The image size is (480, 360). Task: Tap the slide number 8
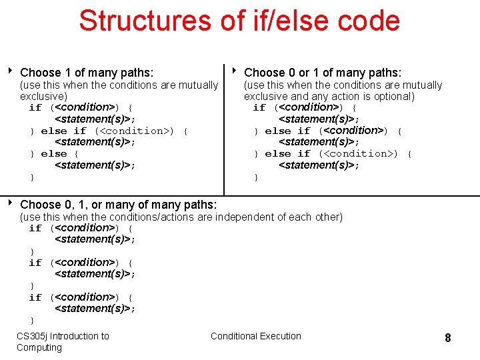click(x=448, y=338)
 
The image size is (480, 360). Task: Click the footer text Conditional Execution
click(x=256, y=336)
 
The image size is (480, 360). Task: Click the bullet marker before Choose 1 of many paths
click(x=11, y=71)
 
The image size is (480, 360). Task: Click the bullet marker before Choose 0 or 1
click(x=235, y=71)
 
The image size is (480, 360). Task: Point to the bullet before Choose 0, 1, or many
click(x=11, y=203)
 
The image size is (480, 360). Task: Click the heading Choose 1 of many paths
click(x=87, y=72)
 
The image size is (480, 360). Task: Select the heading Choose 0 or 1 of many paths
click(x=323, y=72)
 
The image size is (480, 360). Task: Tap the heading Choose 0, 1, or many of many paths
click(x=119, y=204)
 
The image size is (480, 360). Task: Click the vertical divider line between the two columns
click(x=224, y=127)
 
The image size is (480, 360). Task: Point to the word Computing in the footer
click(x=39, y=347)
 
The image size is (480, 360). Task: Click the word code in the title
click(x=369, y=20)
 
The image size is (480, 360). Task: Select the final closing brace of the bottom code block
click(x=31, y=321)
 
